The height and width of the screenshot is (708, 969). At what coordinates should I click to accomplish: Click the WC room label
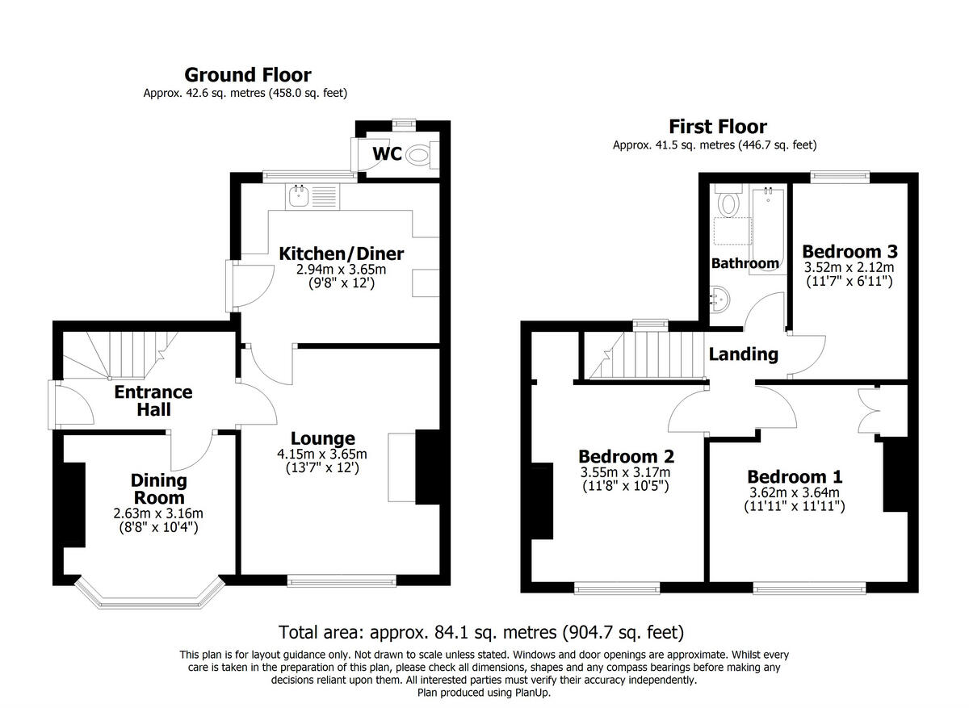point(387,153)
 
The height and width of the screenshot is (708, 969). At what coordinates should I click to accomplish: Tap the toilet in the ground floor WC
point(418,154)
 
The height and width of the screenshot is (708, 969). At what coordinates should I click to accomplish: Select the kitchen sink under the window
point(300,195)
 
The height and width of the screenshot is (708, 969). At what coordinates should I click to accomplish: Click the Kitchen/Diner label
point(341,254)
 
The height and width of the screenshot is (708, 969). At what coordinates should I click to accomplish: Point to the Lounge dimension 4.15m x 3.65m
point(322,454)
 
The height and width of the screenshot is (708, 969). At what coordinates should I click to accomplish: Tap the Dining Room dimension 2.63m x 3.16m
point(159,513)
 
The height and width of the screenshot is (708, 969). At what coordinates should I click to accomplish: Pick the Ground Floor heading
point(247,75)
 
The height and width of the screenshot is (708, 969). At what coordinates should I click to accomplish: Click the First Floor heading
point(717,127)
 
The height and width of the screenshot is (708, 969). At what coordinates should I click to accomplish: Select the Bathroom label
point(745,263)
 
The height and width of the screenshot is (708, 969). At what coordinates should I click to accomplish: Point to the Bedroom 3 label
point(849,251)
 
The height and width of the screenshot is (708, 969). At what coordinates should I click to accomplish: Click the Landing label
point(743,354)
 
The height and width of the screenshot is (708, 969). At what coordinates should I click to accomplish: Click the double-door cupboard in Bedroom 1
point(870,407)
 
